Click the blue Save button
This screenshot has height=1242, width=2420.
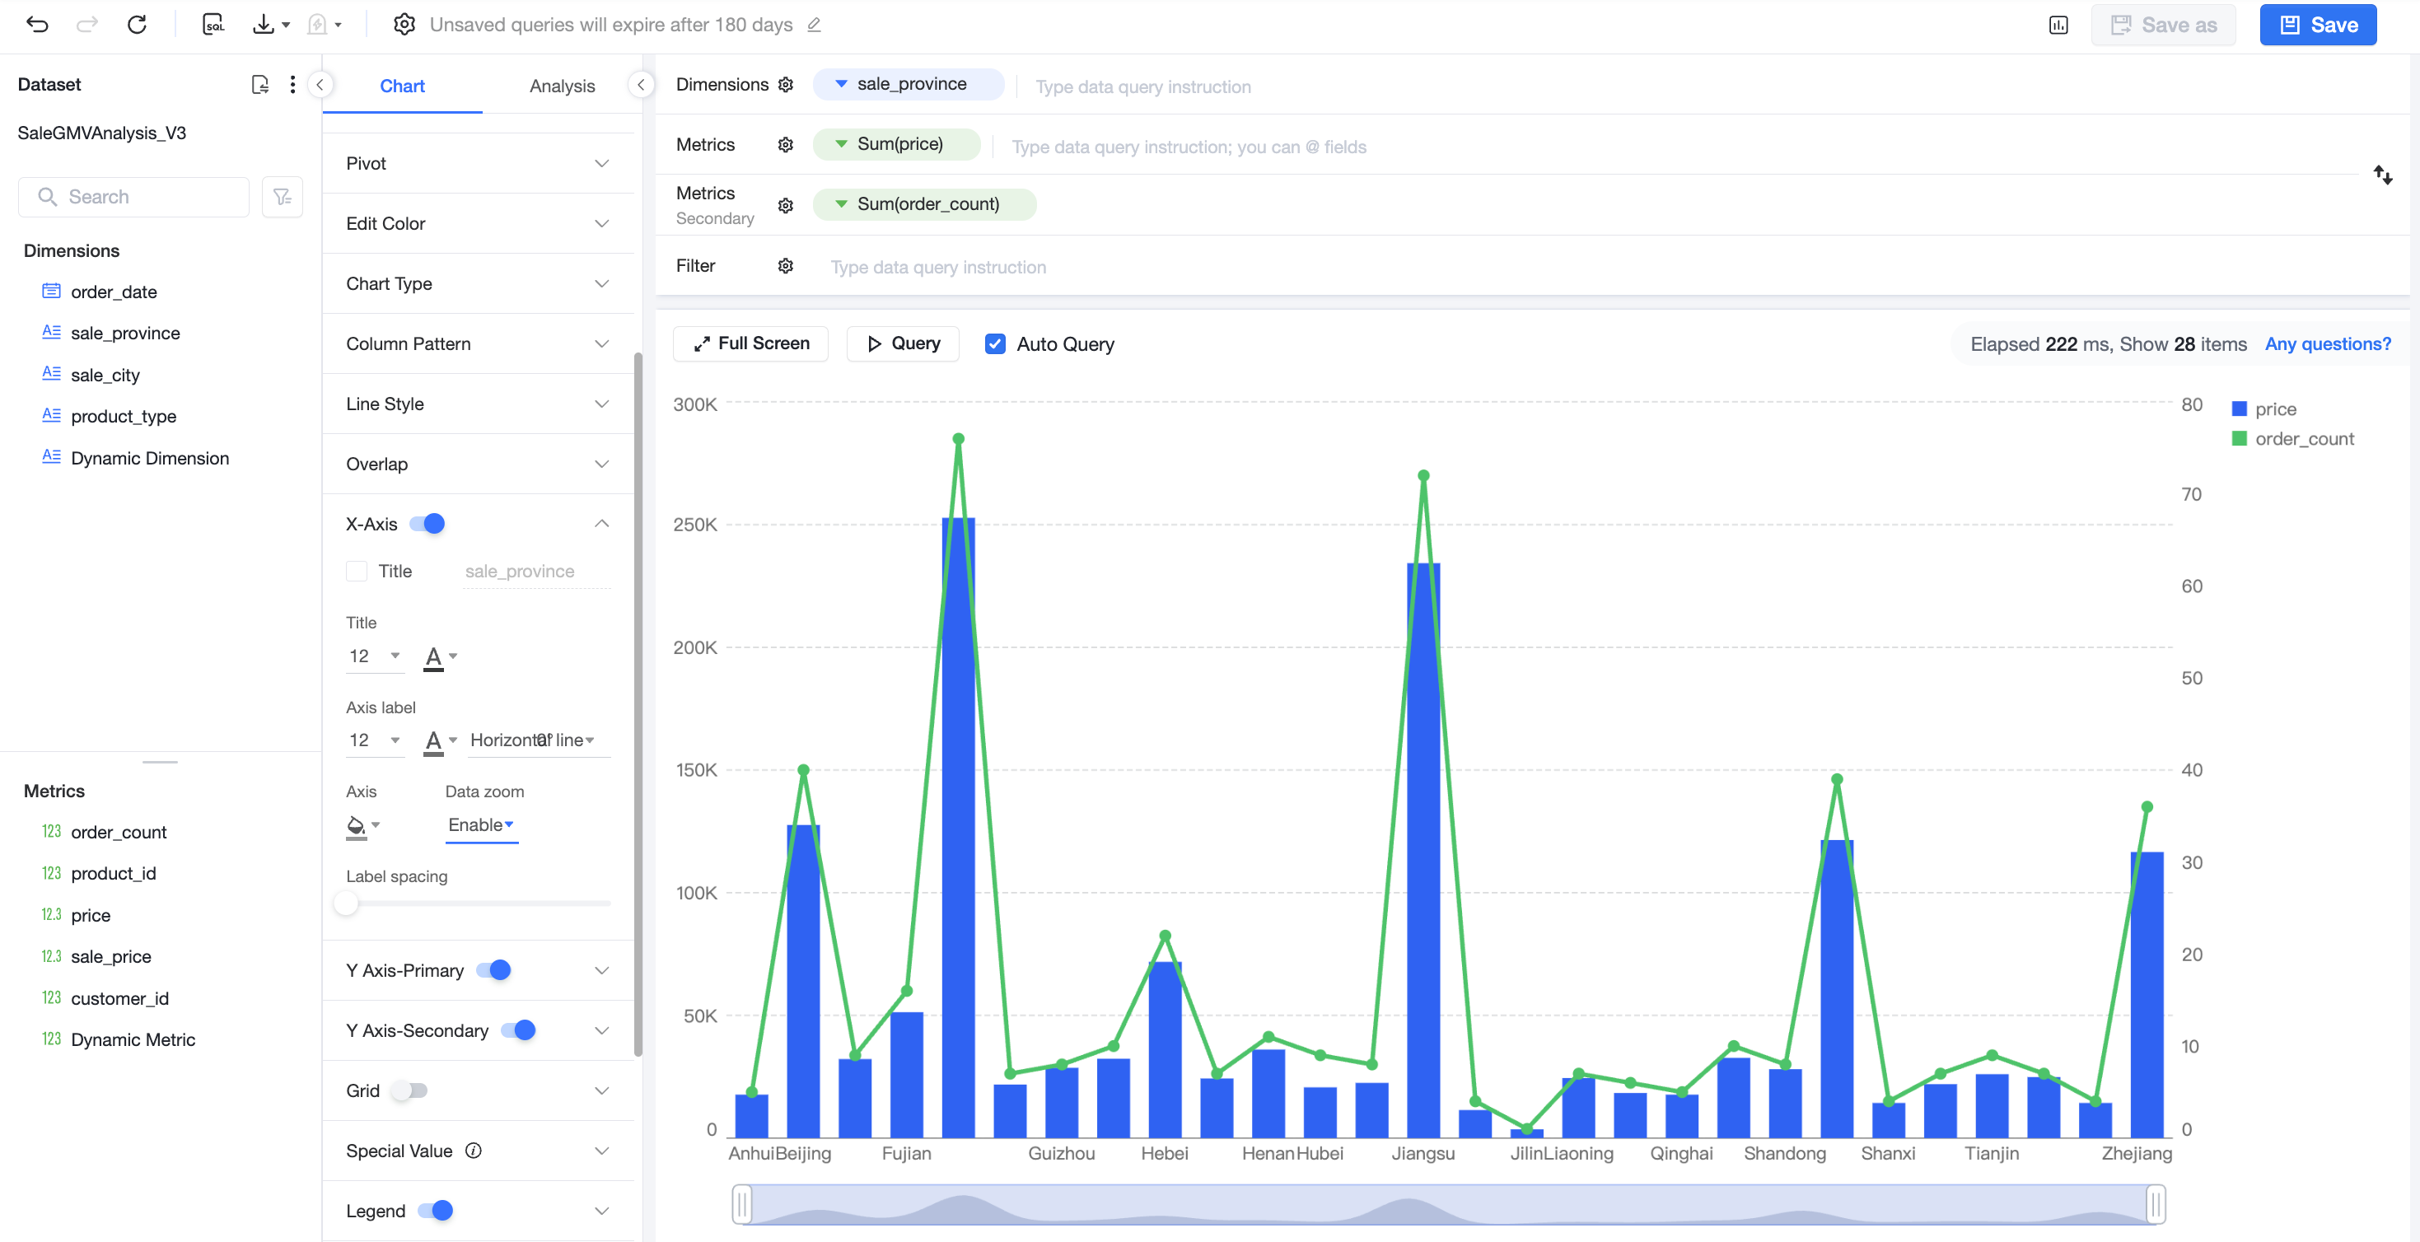click(x=2318, y=26)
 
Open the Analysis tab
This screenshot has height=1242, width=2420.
click(x=562, y=86)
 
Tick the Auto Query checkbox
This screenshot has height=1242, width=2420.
click(x=995, y=343)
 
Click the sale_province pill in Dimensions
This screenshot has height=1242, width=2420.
click(x=908, y=84)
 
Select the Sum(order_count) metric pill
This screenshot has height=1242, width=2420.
click(x=924, y=204)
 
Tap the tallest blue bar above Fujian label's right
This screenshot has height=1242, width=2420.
click(x=958, y=827)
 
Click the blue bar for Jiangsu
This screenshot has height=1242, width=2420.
click(x=1423, y=849)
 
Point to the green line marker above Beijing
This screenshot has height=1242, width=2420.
click(x=803, y=769)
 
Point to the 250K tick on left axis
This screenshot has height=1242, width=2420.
click(x=695, y=525)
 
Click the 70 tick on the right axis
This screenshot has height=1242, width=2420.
click(x=2192, y=494)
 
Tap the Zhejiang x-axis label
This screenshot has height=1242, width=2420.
click(x=2137, y=1153)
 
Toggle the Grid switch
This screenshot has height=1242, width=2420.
click(x=409, y=1090)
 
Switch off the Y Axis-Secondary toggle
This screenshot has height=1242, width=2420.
click(x=519, y=1030)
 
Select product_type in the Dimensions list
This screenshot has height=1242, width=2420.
click(x=123, y=416)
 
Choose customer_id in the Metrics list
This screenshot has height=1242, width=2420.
click(x=119, y=997)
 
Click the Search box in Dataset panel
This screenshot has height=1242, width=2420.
click(x=133, y=196)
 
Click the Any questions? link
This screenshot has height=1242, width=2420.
click(x=2327, y=343)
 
